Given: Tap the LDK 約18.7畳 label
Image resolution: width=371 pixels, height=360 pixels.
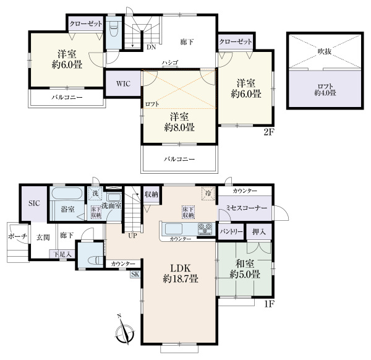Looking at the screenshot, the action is [x=181, y=273].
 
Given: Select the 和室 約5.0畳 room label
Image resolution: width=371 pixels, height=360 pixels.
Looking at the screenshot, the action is [x=245, y=269].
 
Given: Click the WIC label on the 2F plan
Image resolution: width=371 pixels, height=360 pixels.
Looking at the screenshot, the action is [x=123, y=84].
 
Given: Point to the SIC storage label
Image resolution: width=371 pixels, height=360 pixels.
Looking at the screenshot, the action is [x=34, y=204].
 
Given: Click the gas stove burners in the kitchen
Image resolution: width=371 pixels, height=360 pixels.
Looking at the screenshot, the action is [x=205, y=229].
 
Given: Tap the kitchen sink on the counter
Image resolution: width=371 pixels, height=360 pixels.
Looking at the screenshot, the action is [x=173, y=229].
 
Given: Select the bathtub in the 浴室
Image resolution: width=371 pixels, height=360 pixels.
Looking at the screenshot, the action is [x=67, y=194].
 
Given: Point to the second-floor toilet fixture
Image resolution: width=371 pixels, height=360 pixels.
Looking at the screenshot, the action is [x=114, y=29].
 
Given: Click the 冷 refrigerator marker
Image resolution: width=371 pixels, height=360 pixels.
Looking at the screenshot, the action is [x=208, y=194].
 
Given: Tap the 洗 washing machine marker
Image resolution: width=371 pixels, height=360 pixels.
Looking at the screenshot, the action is [x=95, y=193].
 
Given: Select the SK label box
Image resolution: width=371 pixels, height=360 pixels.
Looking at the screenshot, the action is [x=135, y=274].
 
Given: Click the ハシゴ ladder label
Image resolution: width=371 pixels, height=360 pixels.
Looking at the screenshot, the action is [x=170, y=62].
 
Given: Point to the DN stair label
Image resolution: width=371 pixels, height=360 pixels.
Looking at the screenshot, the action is [x=151, y=47].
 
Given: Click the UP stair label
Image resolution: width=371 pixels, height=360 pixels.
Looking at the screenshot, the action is [x=132, y=236].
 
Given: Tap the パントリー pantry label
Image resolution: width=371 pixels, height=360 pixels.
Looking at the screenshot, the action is [x=231, y=232].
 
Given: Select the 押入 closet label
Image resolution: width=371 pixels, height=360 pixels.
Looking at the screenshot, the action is [x=259, y=232].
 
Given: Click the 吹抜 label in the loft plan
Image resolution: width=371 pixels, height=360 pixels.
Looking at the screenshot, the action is [x=325, y=51].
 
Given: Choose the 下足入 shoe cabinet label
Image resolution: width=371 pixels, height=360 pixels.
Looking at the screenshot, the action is [x=62, y=254].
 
